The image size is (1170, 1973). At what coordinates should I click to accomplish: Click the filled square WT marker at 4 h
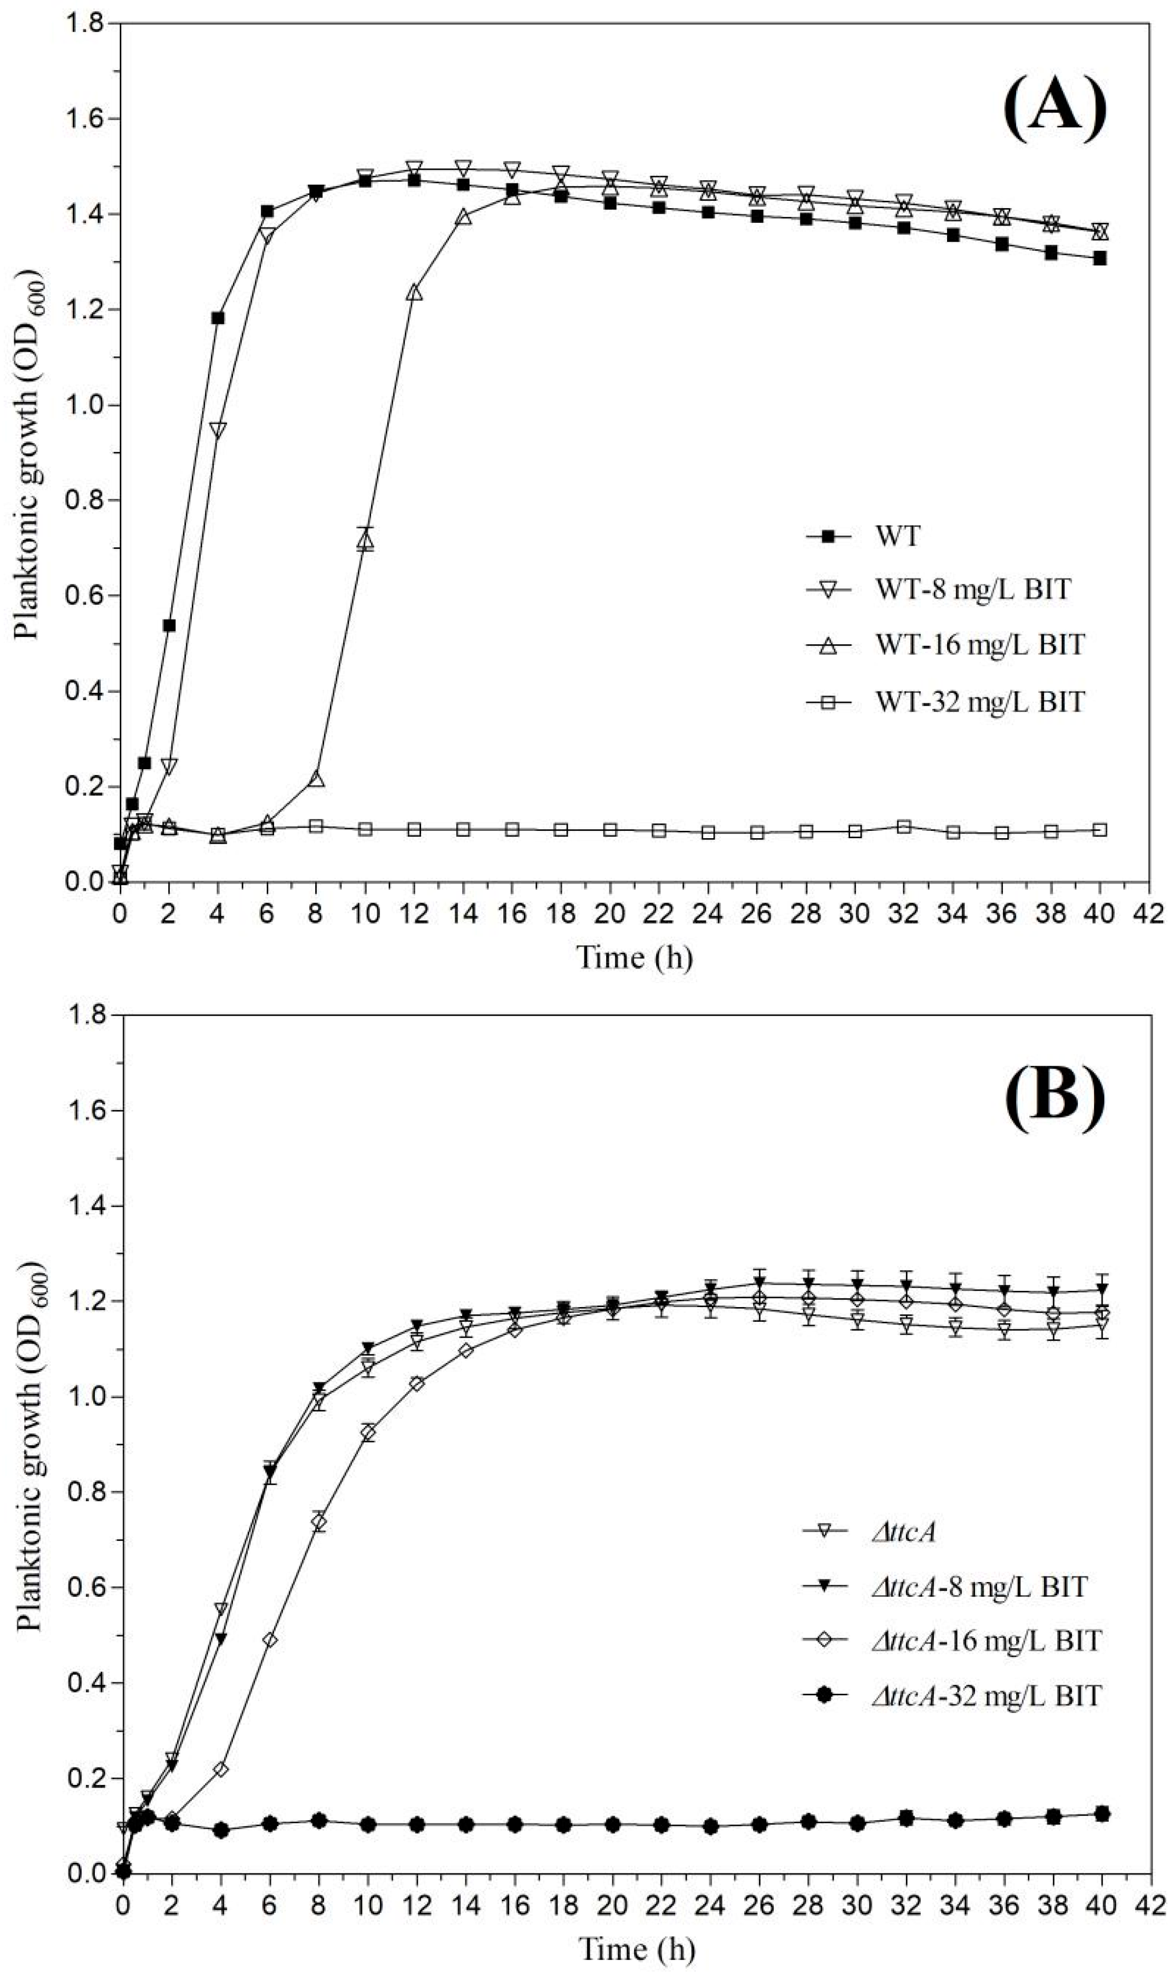point(218,318)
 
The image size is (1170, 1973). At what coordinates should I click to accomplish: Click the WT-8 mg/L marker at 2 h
point(169,765)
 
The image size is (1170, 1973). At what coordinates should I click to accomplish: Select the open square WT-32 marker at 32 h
point(904,827)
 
